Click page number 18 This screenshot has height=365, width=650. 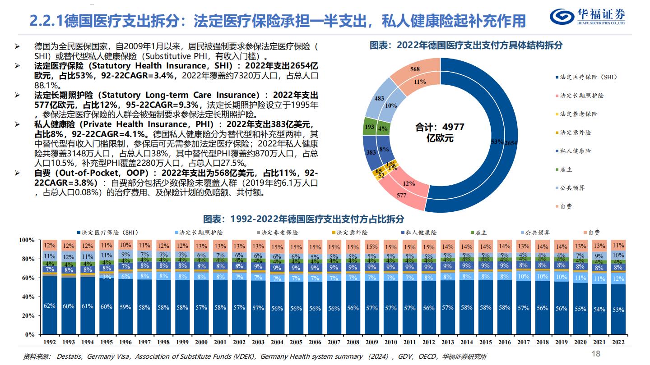596,354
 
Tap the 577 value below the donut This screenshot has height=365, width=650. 401,196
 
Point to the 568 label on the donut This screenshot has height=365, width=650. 415,69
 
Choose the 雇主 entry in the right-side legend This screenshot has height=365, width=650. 566,169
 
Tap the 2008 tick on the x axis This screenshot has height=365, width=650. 353,342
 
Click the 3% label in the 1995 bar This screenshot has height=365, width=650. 106,277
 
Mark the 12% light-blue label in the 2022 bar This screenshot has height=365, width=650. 618,279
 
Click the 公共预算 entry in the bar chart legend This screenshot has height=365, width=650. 537,233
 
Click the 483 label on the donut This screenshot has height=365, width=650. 380,98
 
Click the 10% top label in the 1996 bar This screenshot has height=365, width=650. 125,246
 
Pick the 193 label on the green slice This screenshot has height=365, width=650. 369,127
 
